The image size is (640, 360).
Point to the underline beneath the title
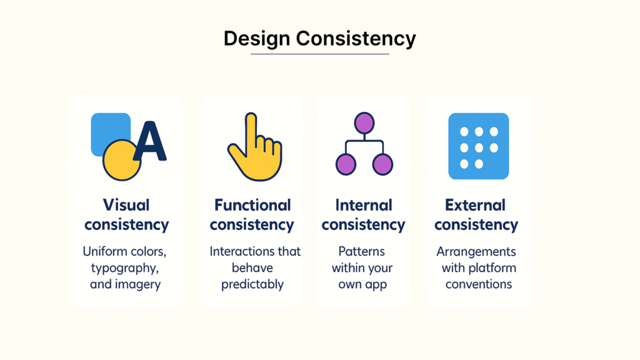(319, 54)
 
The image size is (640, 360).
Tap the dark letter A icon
(150, 141)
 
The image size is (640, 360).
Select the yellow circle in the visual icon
(121, 161)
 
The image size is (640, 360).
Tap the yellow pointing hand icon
(255, 146)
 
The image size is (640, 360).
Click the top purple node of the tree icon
(364, 123)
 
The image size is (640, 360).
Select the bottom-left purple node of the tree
(346, 164)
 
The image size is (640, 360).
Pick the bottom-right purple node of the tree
(382, 164)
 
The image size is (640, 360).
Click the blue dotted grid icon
(478, 146)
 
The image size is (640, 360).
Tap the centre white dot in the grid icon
(479, 147)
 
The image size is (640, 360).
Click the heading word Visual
(126, 205)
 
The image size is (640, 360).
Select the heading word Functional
(252, 205)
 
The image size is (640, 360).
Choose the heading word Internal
(364, 205)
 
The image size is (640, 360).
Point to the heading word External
(475, 205)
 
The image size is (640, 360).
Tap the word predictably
(252, 284)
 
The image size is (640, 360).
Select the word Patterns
(362, 251)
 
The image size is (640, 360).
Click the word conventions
(478, 284)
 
